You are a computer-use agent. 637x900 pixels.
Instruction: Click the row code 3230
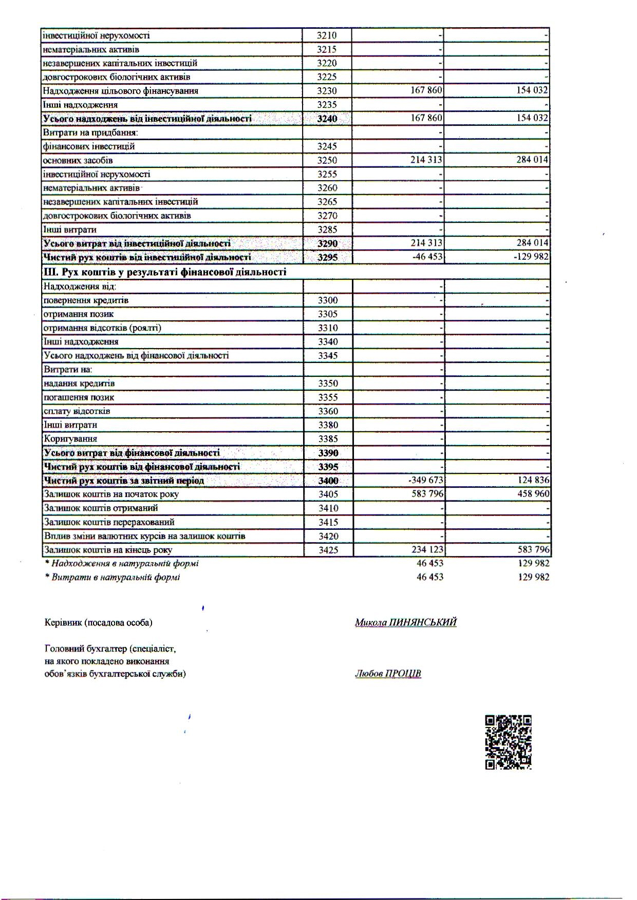(x=327, y=91)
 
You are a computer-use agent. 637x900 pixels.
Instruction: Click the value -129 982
(x=531, y=256)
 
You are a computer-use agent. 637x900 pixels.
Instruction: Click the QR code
(x=508, y=742)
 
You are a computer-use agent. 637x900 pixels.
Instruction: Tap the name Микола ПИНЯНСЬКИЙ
(x=405, y=622)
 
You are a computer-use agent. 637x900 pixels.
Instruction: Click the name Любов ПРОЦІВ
(x=388, y=674)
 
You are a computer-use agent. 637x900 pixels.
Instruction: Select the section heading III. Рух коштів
(x=165, y=272)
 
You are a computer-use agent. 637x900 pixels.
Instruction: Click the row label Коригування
(x=70, y=438)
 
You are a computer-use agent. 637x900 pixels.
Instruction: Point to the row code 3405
(x=328, y=494)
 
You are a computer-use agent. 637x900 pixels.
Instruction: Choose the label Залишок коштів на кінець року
(x=108, y=550)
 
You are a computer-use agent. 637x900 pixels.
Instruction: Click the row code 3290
(x=327, y=243)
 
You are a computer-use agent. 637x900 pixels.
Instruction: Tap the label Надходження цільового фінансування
(x=121, y=91)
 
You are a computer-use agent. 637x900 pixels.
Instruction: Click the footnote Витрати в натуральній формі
(x=116, y=577)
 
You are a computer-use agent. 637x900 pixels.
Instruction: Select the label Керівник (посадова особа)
(x=99, y=623)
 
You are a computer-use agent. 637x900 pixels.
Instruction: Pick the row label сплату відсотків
(x=77, y=411)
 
